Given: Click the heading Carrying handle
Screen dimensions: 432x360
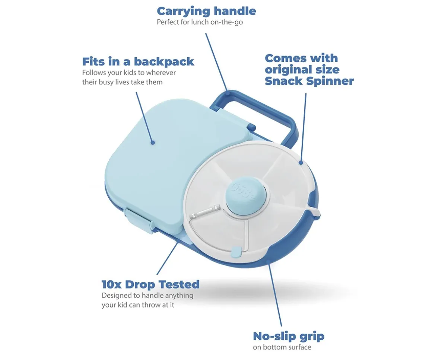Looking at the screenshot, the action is [206, 11].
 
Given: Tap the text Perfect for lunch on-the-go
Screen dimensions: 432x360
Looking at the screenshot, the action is [200, 22].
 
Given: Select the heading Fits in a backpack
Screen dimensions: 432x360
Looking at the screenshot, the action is [138, 61].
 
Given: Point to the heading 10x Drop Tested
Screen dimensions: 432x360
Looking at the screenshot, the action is [150, 284].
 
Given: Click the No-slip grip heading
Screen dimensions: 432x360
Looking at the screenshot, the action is [289, 336].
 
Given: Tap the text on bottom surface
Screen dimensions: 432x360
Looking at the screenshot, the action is [282, 347].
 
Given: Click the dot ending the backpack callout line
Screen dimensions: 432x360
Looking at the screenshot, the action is [153, 143].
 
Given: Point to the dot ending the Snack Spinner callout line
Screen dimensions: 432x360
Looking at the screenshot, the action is [301, 163].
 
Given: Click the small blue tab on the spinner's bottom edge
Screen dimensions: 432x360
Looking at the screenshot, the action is [236, 251].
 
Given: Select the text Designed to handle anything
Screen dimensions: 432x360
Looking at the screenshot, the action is [147, 296].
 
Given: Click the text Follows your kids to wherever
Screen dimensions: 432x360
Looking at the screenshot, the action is [129, 73].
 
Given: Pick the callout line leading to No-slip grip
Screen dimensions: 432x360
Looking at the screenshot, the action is [275, 295].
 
